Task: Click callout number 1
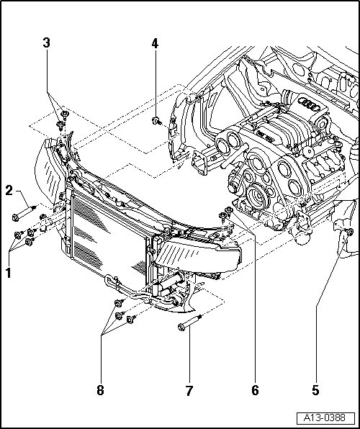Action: click(9, 273)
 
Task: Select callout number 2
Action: click(9, 191)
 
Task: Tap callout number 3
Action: click(47, 42)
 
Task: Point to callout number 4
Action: click(155, 43)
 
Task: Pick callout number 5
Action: click(315, 390)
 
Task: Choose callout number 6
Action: click(255, 390)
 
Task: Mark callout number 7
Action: click(189, 391)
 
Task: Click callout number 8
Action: click(101, 390)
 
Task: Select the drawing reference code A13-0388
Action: click(325, 417)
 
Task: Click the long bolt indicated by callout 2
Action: click(24, 212)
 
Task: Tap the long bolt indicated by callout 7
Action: click(190, 322)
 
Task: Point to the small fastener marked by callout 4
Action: click(156, 121)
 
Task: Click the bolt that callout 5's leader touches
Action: click(350, 232)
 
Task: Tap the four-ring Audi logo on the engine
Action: click(309, 104)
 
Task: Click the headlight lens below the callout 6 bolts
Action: click(197, 255)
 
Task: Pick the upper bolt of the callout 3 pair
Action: click(65, 114)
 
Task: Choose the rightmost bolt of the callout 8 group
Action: click(132, 320)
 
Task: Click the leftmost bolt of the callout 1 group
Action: click(18, 235)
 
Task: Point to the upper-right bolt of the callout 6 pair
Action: click(229, 210)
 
